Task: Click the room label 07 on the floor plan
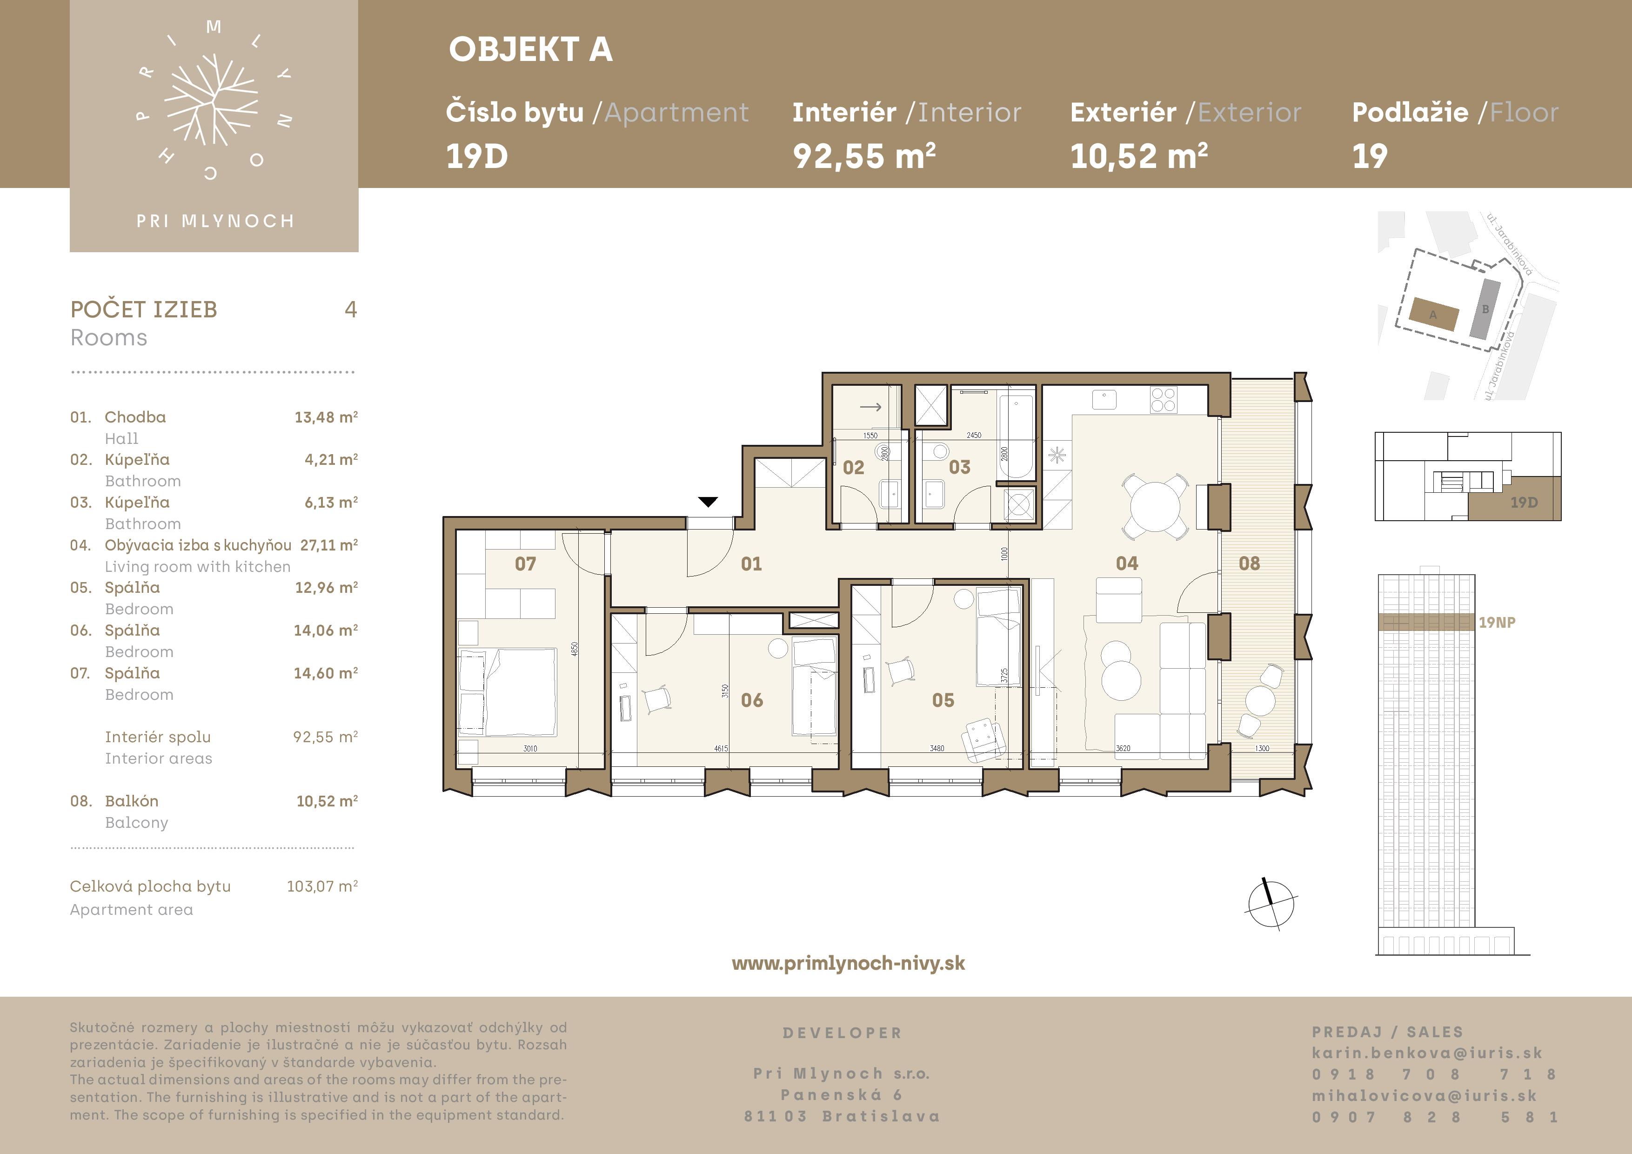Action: click(525, 564)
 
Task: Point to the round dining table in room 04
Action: click(1155, 507)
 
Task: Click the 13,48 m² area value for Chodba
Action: click(326, 417)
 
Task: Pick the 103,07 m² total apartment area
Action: click(322, 886)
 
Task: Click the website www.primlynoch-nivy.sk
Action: click(848, 963)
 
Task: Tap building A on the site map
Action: click(1434, 314)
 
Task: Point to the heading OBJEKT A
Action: click(530, 50)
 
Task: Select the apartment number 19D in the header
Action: click(476, 156)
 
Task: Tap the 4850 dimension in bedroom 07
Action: click(575, 649)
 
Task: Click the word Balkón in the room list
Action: click(132, 801)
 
